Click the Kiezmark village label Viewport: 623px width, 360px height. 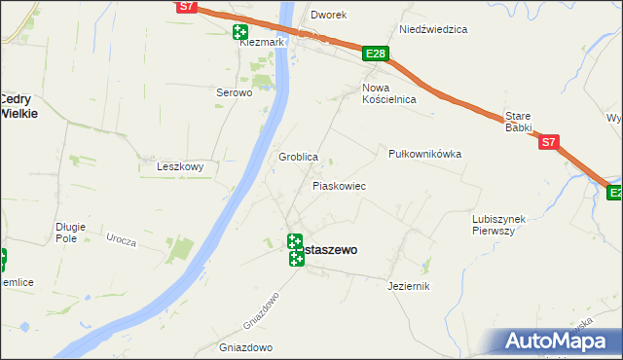(262, 43)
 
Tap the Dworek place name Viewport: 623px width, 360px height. (329, 16)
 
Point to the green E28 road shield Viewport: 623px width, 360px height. (376, 54)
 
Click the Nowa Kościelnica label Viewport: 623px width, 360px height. (389, 93)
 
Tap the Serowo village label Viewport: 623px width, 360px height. (234, 93)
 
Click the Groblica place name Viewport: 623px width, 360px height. (299, 157)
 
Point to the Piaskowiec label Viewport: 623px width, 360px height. (339, 185)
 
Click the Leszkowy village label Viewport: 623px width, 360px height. (180, 166)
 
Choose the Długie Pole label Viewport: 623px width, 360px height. (71, 232)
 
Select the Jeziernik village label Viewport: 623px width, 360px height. (408, 286)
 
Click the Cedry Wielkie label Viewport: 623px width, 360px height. (18, 105)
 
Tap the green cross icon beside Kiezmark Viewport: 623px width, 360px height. (239, 32)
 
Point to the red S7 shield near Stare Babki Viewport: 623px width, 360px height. (549, 142)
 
